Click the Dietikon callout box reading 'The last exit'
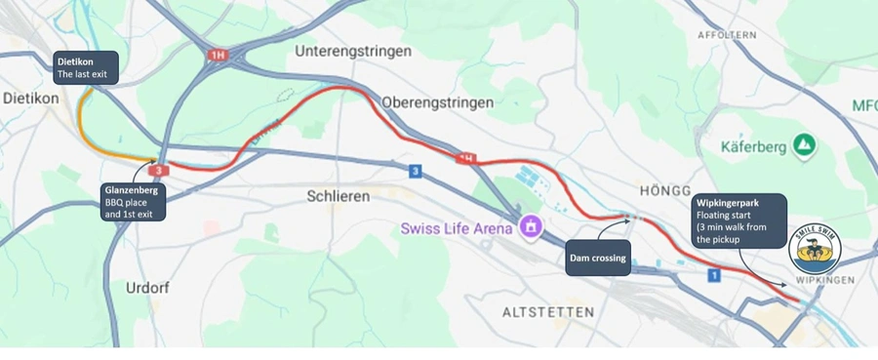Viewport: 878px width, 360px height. tap(85, 67)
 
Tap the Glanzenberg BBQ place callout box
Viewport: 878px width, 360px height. tap(134, 201)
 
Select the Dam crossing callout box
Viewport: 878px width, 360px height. tap(597, 259)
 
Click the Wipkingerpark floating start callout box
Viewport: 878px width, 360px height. tap(738, 220)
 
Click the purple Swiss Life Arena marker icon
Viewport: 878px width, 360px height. tap(531, 227)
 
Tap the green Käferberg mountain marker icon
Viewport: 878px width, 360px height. tap(804, 146)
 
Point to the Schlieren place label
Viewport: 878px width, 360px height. tap(339, 196)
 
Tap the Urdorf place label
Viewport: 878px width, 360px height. tap(147, 288)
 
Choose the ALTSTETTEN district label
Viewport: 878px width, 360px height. tap(547, 312)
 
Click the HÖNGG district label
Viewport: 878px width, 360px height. tap(664, 190)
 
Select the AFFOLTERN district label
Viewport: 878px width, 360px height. tap(727, 35)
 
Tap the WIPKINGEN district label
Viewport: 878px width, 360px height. tap(825, 281)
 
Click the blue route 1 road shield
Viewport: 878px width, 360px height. tap(714, 277)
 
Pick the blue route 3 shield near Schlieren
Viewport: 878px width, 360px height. tap(417, 173)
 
